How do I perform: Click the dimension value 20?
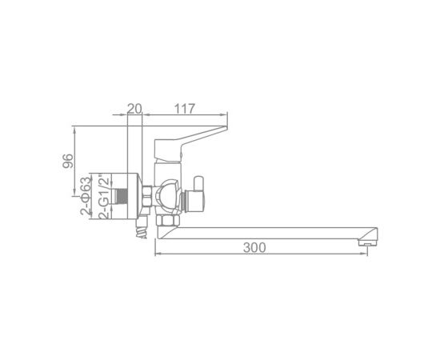(x=134, y=109)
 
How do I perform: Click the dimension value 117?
(x=185, y=109)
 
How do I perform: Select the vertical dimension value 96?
(x=68, y=161)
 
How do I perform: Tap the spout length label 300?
(x=254, y=247)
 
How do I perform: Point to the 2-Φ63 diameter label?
(x=86, y=196)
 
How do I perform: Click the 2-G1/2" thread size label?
(x=104, y=197)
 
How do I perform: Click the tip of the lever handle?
(x=226, y=128)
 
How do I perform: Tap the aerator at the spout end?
(x=368, y=242)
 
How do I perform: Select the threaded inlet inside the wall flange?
(x=122, y=196)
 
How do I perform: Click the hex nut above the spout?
(x=167, y=221)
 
